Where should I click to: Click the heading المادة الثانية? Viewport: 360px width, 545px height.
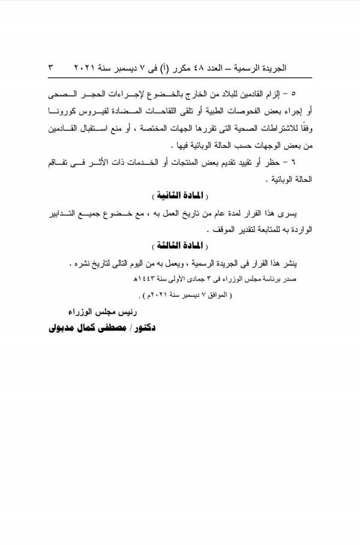click(175, 195)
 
